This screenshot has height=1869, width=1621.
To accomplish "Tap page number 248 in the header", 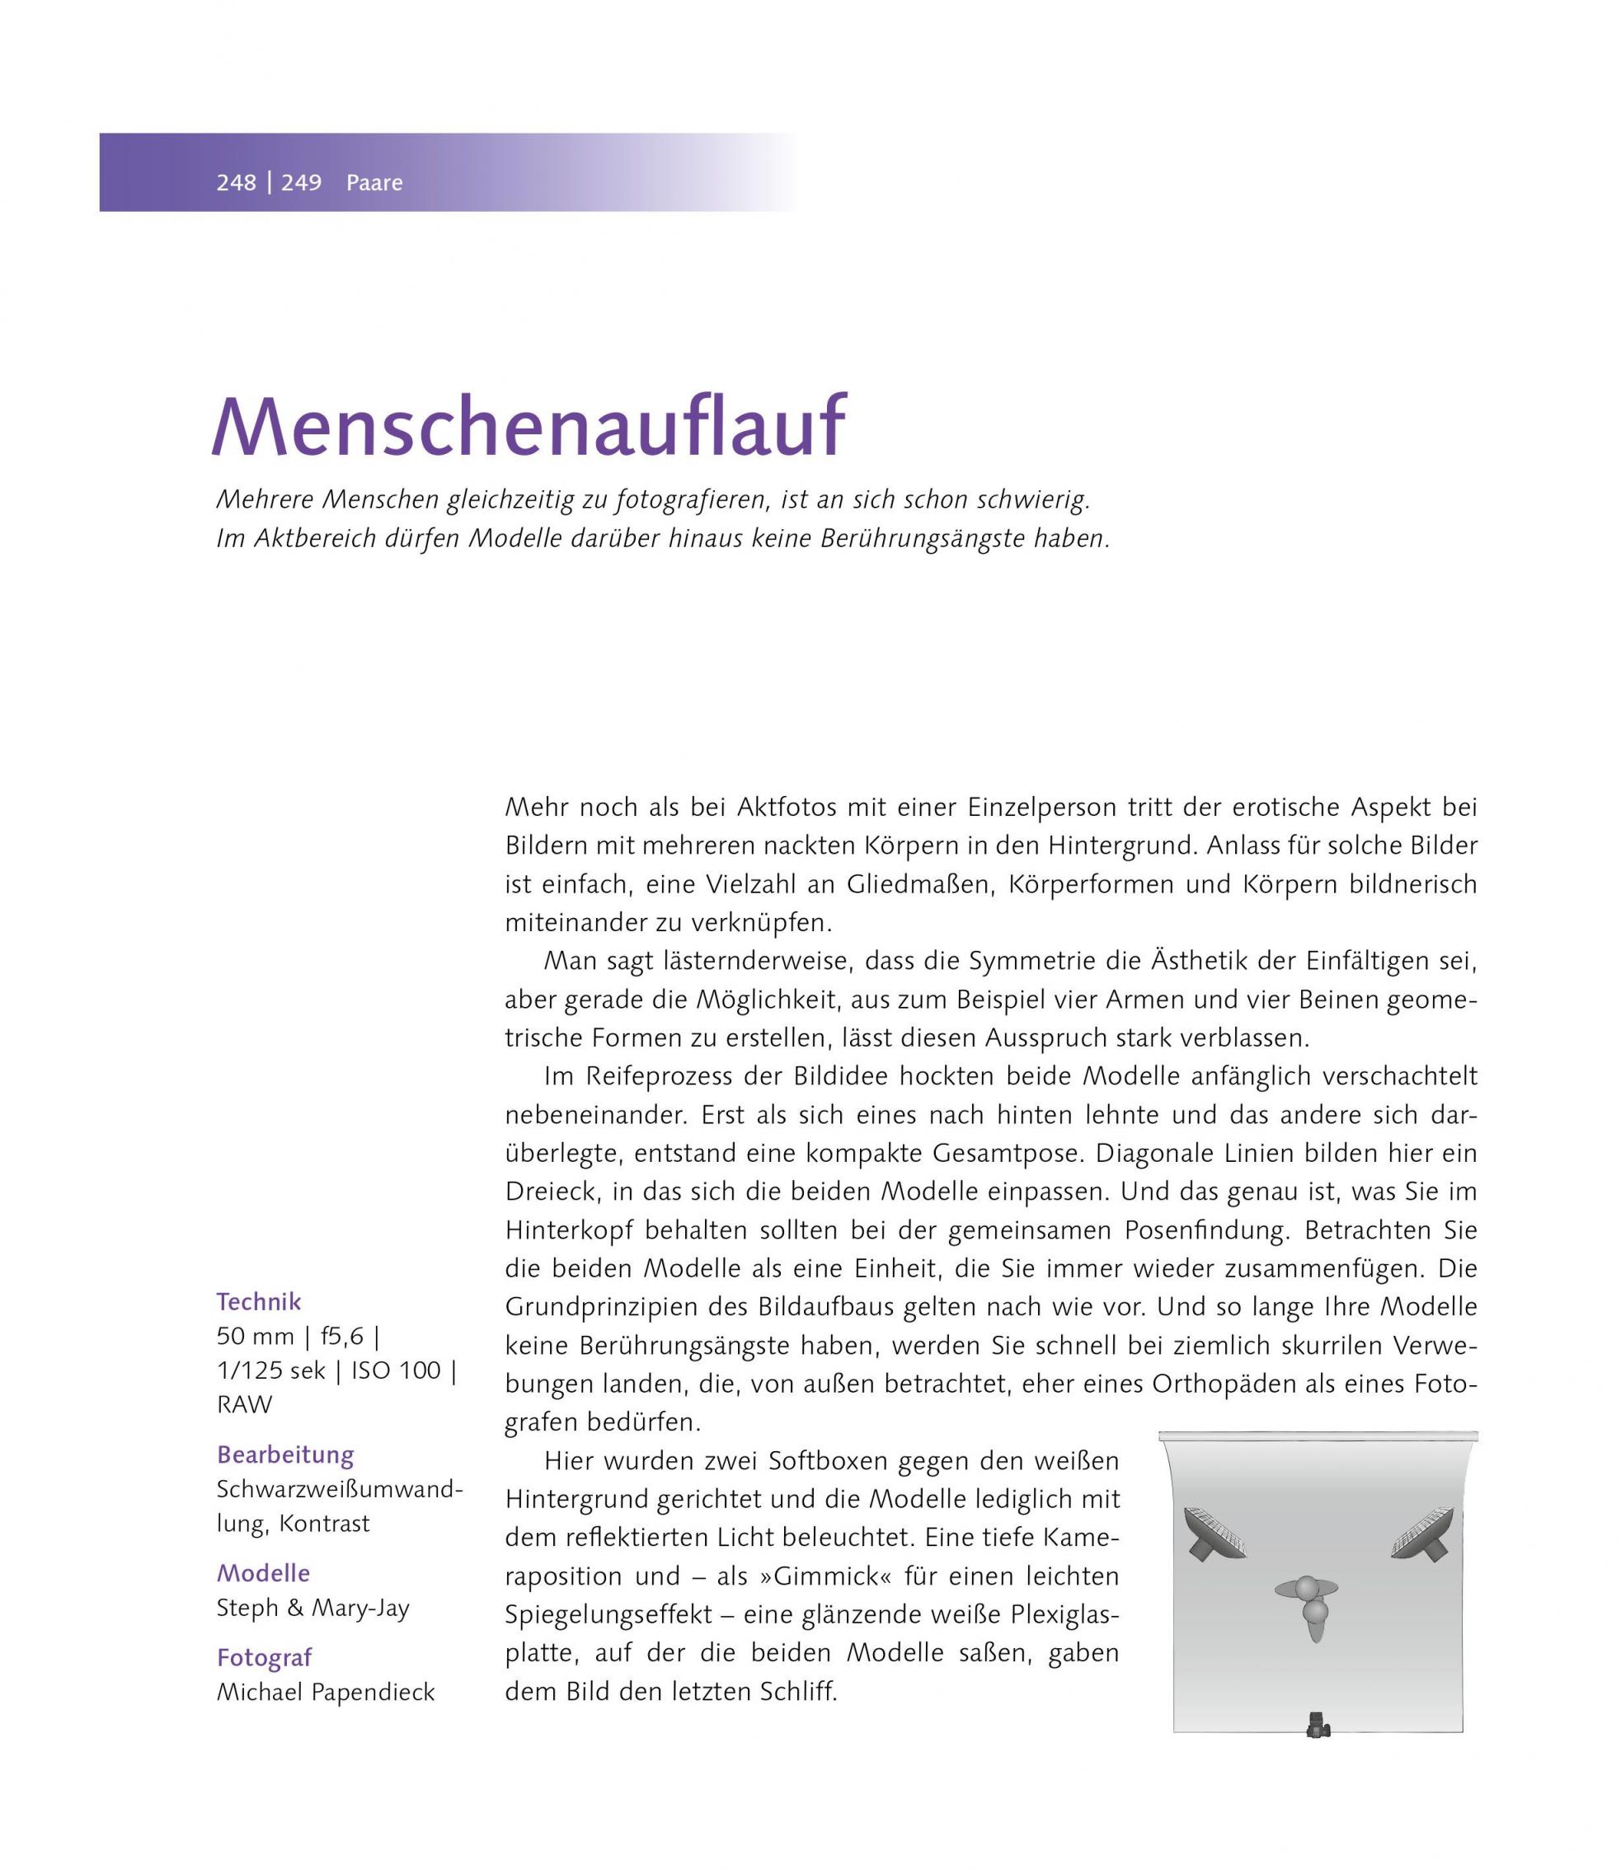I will tap(236, 183).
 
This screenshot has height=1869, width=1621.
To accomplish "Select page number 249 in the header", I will tap(301, 183).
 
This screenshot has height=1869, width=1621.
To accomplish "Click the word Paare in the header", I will tap(374, 183).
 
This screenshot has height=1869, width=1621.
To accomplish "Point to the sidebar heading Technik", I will tap(259, 1302).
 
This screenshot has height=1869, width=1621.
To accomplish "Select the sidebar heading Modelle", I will tap(263, 1573).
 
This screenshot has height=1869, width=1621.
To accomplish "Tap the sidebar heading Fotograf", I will tap(264, 1657).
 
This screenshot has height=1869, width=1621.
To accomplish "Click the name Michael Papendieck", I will tap(326, 1693).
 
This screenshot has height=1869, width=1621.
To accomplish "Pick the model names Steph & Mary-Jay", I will tap(313, 1609).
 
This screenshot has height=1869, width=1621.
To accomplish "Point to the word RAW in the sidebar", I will tap(244, 1405).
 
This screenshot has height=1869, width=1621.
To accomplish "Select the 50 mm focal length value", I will tap(255, 1337).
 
